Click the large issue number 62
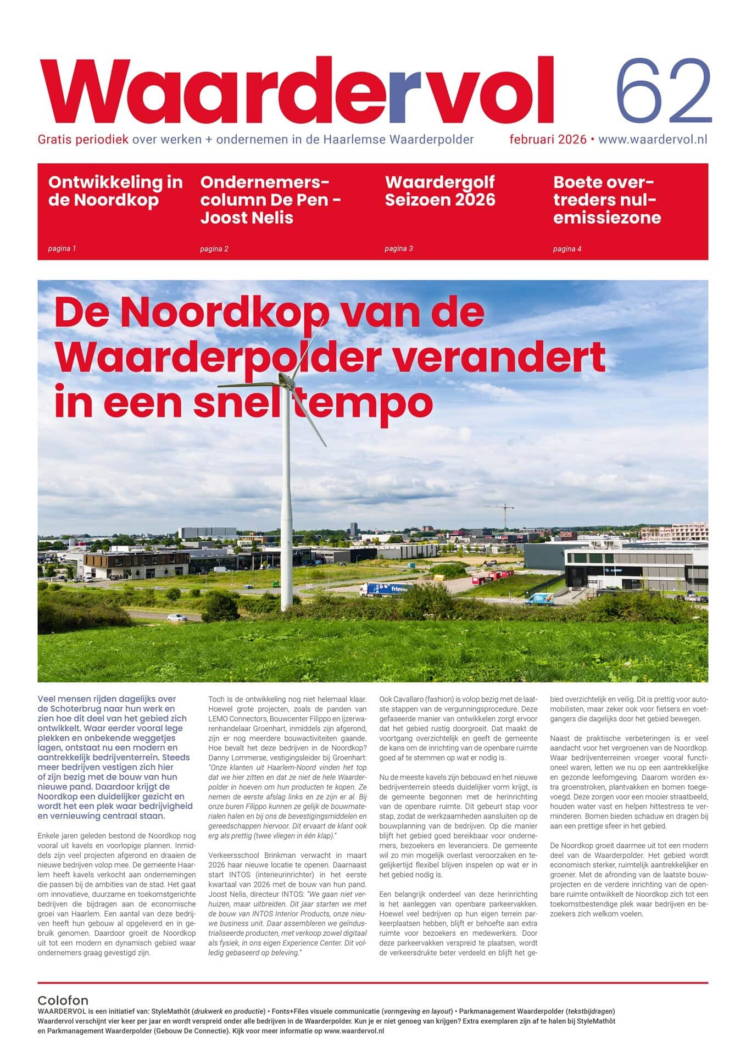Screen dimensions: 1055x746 (663, 91)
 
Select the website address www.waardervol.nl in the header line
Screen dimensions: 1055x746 (652, 140)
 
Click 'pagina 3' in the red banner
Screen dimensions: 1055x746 (398, 248)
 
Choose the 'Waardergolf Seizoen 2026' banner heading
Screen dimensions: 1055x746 (439, 191)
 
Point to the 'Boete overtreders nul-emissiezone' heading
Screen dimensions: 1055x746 (606, 199)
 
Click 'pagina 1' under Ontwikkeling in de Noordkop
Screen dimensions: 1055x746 (62, 248)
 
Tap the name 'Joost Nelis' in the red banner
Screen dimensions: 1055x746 (247, 218)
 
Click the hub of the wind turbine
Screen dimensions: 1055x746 (286, 380)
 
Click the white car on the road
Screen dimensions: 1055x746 (174, 617)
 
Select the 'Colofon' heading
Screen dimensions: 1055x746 (63, 1000)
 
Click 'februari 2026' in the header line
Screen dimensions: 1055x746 (548, 140)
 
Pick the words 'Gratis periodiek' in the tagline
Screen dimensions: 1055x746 (83, 140)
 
